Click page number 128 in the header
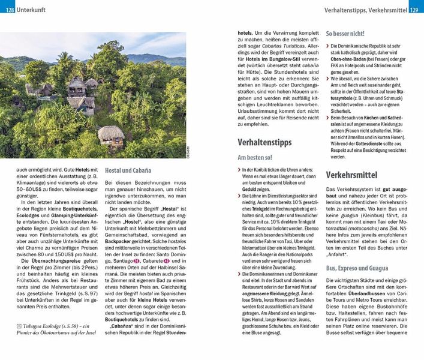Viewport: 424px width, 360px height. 8,10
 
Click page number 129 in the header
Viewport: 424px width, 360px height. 415,10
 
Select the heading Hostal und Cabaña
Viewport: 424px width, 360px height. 128,170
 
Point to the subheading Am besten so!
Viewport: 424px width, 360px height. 255,157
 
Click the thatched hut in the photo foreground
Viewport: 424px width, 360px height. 112,136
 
